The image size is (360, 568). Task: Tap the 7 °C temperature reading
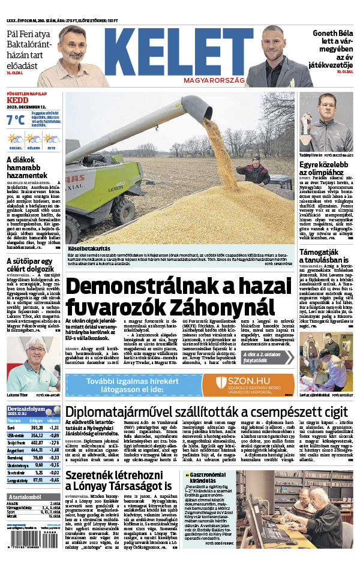point(16,119)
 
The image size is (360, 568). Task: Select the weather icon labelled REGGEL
point(16,139)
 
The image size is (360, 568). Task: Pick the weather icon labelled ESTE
point(52,139)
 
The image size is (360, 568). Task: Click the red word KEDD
point(16,100)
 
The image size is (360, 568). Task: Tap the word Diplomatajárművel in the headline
point(120,412)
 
